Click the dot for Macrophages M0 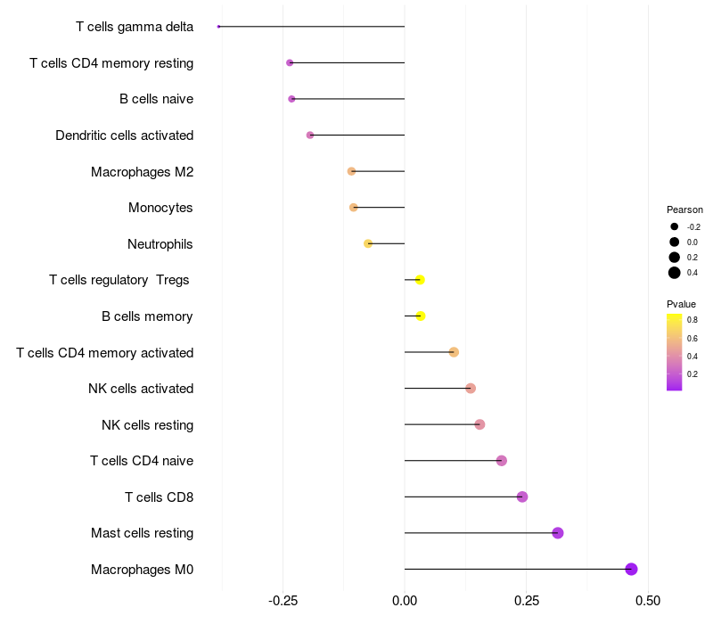631,569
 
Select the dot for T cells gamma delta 218,27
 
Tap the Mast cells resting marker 558,533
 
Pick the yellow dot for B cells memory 421,316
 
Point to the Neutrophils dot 368,243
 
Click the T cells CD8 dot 522,497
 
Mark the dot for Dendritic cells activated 310,135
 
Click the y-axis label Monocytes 160,208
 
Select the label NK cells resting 147,424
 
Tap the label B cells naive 156,99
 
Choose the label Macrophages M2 142,171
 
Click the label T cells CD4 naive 142,461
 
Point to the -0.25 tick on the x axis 283,601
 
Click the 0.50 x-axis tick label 648,601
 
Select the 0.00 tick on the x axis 405,601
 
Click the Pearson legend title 684,209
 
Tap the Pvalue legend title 682,304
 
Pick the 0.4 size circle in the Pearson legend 675,273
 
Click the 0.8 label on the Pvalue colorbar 693,319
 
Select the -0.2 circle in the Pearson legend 675,226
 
